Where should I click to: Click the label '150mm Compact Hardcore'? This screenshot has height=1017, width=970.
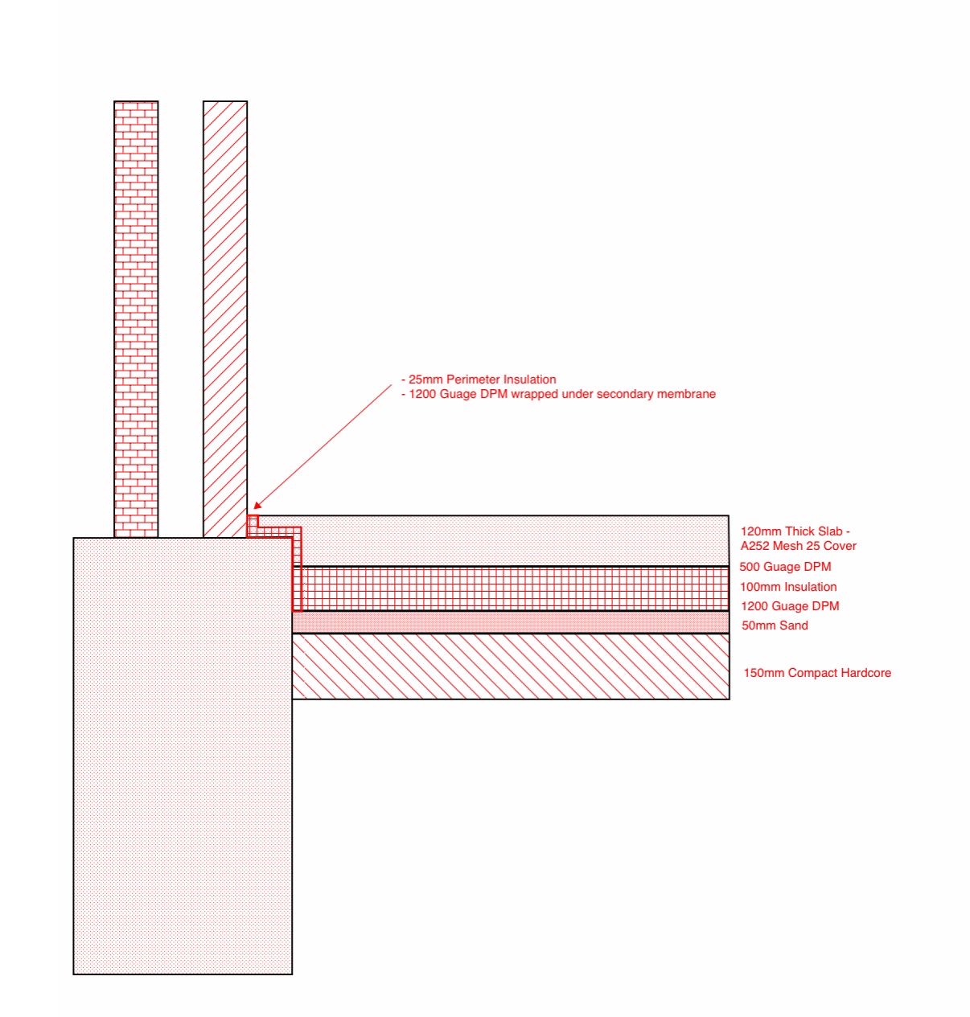pyautogui.click(x=817, y=673)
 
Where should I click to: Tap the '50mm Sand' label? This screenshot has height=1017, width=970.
pyautogui.click(x=775, y=625)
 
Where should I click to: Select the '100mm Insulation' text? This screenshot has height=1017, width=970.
pyautogui.click(x=787, y=587)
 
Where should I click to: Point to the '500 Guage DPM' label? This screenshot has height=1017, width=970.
pyautogui.click(x=785, y=567)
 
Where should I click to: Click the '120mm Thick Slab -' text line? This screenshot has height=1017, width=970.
pyautogui.click(x=795, y=531)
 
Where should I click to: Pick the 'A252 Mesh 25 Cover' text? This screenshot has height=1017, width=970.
pyautogui.click(x=798, y=546)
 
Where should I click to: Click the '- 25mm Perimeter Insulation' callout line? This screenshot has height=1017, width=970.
pyautogui.click(x=479, y=379)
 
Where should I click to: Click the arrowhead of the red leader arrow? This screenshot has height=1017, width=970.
pyautogui.click(x=255, y=507)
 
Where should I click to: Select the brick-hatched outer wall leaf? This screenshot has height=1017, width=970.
pyautogui.click(x=136, y=319)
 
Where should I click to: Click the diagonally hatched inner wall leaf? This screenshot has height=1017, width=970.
pyautogui.click(x=225, y=319)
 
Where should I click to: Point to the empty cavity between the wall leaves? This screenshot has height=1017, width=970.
pyautogui.click(x=181, y=319)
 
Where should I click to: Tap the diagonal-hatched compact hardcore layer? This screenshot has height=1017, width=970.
pyautogui.click(x=511, y=666)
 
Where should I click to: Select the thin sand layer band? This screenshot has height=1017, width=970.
pyautogui.click(x=511, y=622)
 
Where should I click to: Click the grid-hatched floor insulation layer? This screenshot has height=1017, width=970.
pyautogui.click(x=515, y=588)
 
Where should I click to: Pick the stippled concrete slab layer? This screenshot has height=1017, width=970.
pyautogui.click(x=515, y=541)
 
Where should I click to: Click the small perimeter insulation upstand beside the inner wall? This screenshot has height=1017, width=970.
pyautogui.click(x=252, y=526)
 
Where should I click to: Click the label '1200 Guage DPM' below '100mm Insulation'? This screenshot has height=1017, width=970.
pyautogui.click(x=790, y=605)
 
